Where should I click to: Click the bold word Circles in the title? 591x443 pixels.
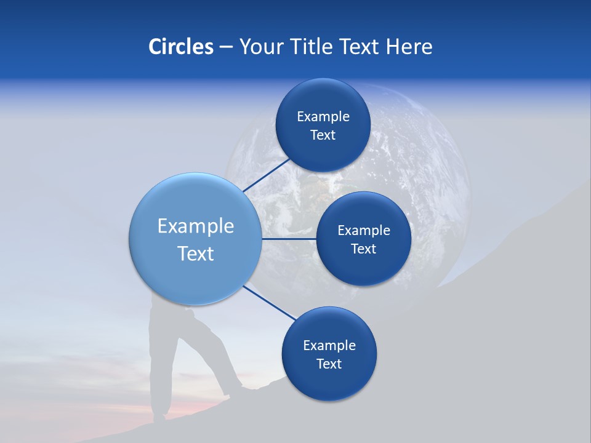pyautogui.click(x=180, y=47)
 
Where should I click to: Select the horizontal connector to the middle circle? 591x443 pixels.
pyautogui.click(x=289, y=239)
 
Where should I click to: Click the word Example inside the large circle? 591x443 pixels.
pyautogui.click(x=196, y=226)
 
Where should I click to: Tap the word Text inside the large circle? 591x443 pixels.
pyautogui.click(x=196, y=253)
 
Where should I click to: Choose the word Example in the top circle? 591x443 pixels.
pyautogui.click(x=323, y=117)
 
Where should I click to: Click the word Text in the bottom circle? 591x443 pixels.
pyautogui.click(x=329, y=364)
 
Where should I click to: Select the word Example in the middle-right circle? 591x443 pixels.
pyautogui.click(x=364, y=231)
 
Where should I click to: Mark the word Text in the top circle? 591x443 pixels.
pyautogui.click(x=323, y=135)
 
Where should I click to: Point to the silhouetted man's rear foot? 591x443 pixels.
pyautogui.click(x=159, y=418)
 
